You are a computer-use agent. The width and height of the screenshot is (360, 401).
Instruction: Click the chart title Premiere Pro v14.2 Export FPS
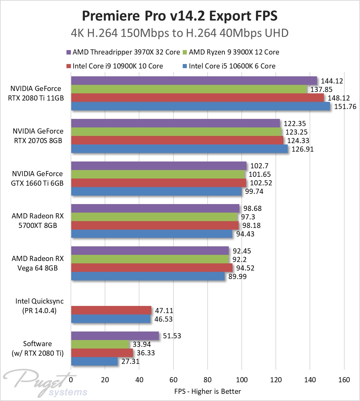180,16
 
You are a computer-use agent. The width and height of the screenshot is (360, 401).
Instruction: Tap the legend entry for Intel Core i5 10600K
232,66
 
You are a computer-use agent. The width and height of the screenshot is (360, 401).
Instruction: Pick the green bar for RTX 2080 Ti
189,89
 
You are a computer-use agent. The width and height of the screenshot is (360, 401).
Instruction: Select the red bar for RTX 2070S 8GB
177,140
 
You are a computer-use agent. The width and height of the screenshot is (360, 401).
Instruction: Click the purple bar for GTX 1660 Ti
159,166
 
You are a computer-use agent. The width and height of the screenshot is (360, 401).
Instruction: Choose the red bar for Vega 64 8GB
152,268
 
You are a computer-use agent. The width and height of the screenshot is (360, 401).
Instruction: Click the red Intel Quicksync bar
111,310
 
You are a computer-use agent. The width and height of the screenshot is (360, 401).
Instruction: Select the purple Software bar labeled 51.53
115,336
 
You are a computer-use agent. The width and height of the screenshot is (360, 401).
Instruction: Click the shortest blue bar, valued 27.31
94,361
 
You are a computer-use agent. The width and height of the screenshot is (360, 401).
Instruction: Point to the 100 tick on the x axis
241,380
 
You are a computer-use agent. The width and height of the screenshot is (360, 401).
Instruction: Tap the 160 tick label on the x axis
344,380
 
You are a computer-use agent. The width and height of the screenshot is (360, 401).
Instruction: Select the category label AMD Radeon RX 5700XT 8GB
37,221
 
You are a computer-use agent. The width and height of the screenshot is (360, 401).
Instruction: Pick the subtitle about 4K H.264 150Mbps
180,33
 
